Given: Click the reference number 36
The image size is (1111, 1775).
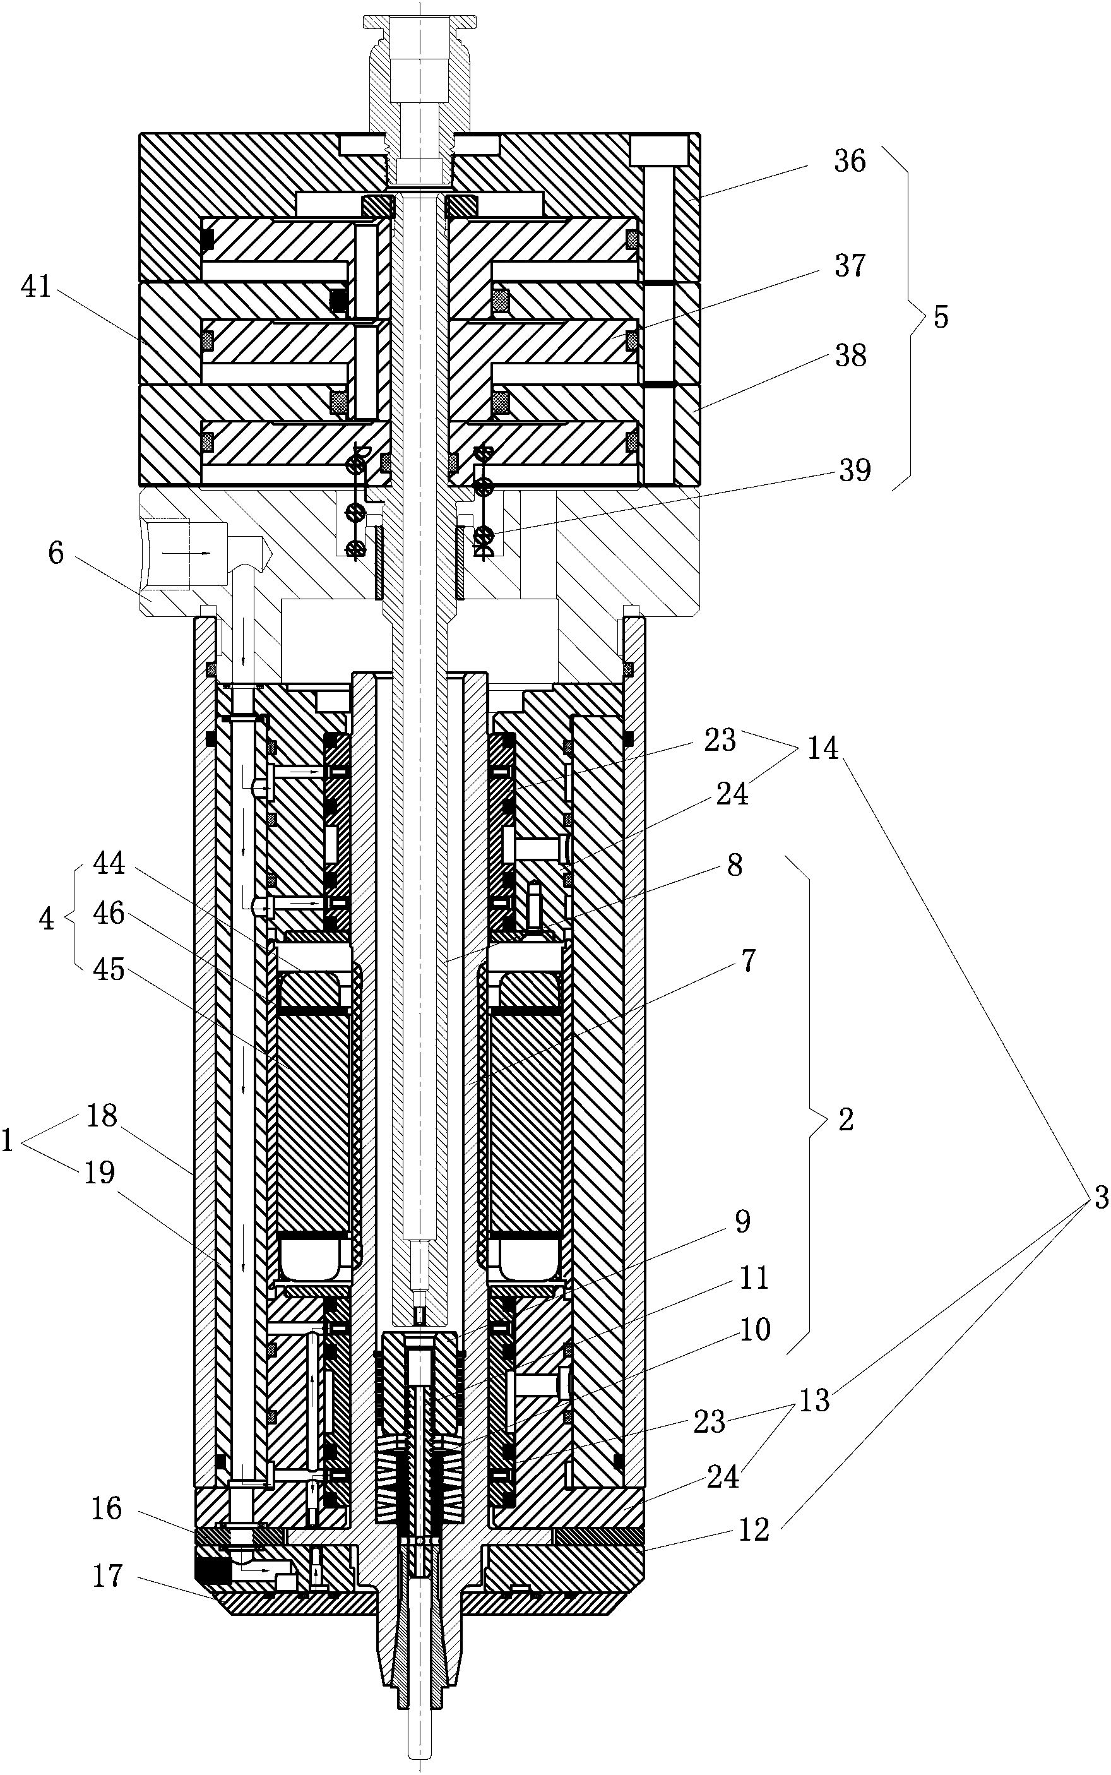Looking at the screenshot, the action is click(x=850, y=161).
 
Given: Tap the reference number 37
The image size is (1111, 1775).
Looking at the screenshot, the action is click(x=850, y=265).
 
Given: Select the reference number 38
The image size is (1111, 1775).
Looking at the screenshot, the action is click(x=850, y=356).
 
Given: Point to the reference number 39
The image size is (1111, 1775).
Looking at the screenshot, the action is click(x=855, y=470).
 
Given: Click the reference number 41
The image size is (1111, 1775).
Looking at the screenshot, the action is click(x=37, y=287).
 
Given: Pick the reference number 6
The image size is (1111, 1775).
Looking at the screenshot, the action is click(x=57, y=553).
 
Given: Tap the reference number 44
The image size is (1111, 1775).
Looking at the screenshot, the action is click(x=109, y=864).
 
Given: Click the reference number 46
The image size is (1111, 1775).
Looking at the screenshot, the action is click(x=109, y=914).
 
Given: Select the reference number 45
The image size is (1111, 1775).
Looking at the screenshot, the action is click(x=109, y=970).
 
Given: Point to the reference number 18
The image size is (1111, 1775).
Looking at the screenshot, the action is click(x=102, y=1116).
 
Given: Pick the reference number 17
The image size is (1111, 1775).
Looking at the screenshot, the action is click(x=107, y=1576).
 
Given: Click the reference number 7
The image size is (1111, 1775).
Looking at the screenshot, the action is click(x=748, y=960).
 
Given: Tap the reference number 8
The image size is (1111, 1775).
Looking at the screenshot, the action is click(x=735, y=865).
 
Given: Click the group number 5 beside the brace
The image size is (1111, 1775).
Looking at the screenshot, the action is click(x=941, y=317).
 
